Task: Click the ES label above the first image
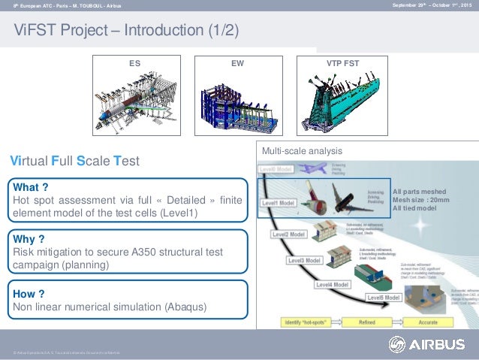[x=137, y=65]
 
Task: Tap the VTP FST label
[x=342, y=65]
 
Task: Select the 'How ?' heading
[x=30, y=293]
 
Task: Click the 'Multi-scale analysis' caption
[x=297, y=151]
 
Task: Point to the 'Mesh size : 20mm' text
[x=423, y=200]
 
